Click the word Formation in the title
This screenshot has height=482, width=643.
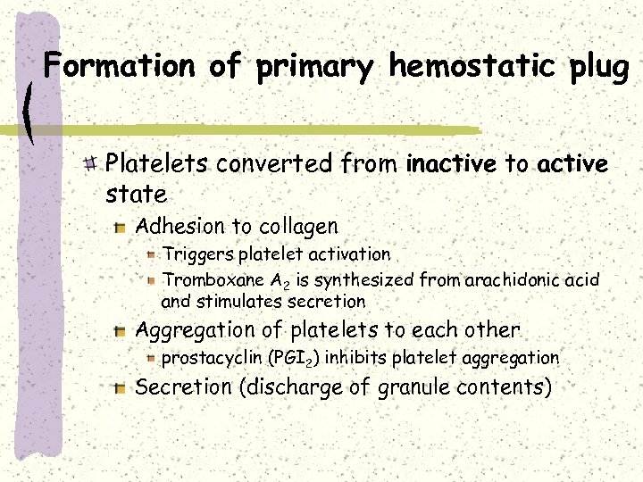118,66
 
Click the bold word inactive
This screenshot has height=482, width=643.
450,164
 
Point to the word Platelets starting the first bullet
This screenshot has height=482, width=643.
157,164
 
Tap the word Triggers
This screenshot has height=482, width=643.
196,255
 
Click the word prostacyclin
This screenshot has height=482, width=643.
212,358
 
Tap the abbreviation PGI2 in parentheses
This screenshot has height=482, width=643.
296,358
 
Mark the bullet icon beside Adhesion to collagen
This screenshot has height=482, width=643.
121,228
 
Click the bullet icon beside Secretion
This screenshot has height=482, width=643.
121,387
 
